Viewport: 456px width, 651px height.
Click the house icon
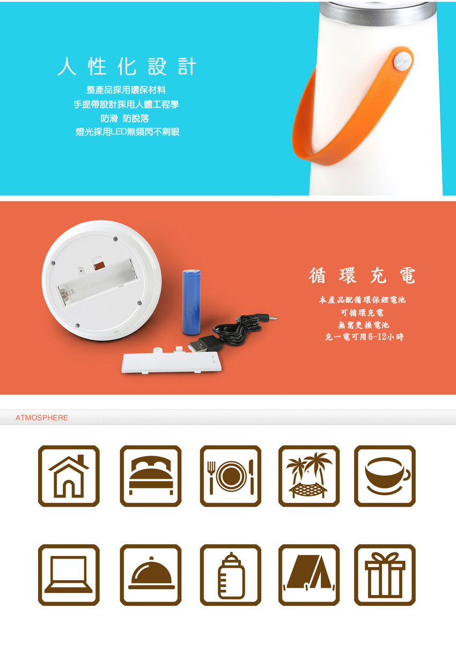[x=69, y=476]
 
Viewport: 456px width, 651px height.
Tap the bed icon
[x=150, y=476]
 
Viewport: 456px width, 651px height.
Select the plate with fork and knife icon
[x=230, y=476]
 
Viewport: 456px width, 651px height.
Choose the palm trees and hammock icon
[x=308, y=476]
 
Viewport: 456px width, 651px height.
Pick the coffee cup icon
[x=385, y=476]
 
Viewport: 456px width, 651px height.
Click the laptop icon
[x=69, y=575]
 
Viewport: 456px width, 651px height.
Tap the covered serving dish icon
[x=150, y=575]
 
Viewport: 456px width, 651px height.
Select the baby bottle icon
[x=230, y=575]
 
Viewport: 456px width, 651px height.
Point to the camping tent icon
[x=308, y=575]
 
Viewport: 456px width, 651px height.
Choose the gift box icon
[x=385, y=575]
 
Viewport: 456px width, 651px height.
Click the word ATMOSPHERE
[x=42, y=418]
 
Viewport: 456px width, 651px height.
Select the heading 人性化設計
[x=127, y=67]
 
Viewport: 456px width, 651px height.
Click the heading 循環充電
[x=362, y=275]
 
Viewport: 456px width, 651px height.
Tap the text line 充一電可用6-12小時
[x=364, y=337]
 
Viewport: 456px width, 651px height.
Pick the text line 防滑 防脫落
[x=125, y=118]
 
